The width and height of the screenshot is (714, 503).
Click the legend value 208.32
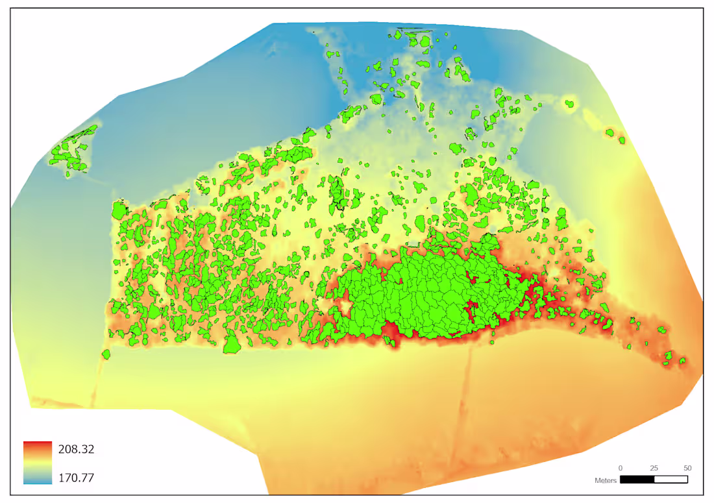[77, 449]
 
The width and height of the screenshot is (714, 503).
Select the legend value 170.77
[77, 478]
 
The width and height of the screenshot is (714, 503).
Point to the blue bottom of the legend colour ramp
[38, 480]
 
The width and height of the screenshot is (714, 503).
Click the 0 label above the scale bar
[620, 468]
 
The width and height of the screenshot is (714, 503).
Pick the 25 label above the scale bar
[654, 468]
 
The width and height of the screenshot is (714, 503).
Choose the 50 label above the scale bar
[687, 468]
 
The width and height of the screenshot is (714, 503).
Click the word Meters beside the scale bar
[605, 481]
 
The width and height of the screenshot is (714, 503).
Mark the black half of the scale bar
[637, 480]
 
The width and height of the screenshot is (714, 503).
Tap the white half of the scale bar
[671, 480]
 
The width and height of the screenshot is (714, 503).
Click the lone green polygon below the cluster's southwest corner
[106, 354]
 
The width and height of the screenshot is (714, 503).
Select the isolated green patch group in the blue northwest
[71, 151]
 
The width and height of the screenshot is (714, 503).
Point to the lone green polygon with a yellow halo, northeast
[569, 103]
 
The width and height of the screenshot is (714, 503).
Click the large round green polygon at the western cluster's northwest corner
[119, 212]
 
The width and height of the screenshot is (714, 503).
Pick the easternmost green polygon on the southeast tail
[682, 361]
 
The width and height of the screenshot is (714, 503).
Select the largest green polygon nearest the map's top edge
[425, 43]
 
